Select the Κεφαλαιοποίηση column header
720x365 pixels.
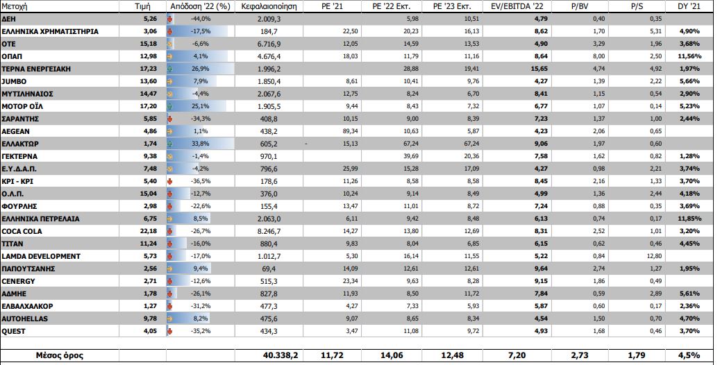pyautogui.click(x=269, y=7)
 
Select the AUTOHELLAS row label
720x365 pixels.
pyautogui.click(x=26, y=319)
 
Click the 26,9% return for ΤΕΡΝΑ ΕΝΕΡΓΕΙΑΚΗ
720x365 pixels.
pyautogui.click(x=201, y=69)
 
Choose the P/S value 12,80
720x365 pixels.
pyautogui.click(x=645, y=256)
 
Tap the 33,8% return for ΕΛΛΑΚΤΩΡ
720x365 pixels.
pyautogui.click(x=201, y=144)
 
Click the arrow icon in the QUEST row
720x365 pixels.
pyautogui.click(x=171, y=331)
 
